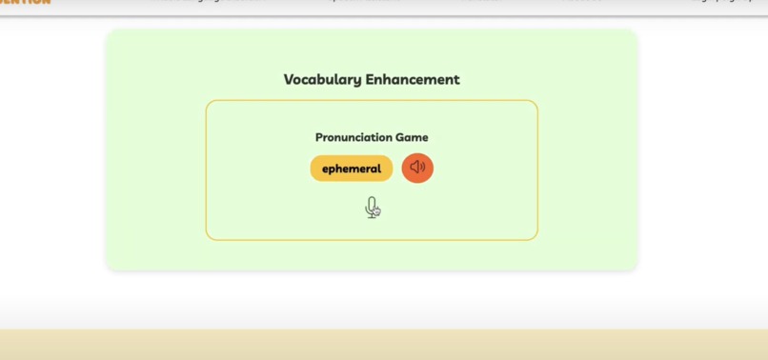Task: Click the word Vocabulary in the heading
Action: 323,80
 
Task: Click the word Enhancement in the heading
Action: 413,80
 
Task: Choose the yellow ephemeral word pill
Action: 352,169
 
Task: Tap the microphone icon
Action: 371,207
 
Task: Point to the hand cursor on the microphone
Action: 376,211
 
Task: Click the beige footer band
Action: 384,345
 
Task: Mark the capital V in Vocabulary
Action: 289,80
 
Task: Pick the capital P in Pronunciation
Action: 319,137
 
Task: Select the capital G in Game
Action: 401,137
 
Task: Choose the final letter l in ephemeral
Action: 379,169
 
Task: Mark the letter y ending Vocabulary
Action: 357,82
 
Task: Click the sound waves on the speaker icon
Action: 422,168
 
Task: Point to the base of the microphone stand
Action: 371,217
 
